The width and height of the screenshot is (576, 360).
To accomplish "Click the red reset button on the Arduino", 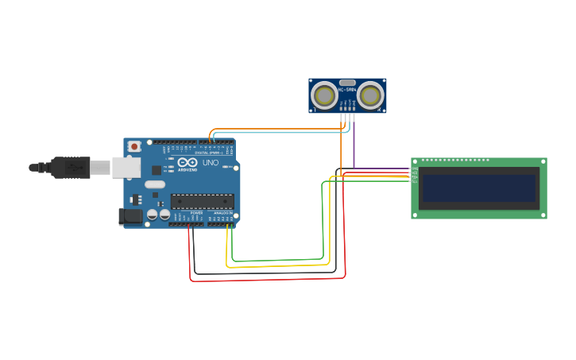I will click(134, 146).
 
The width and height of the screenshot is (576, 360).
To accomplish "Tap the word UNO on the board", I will click(211, 163).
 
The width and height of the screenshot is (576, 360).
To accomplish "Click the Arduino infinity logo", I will click(187, 162).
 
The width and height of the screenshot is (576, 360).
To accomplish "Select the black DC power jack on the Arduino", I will click(130, 215).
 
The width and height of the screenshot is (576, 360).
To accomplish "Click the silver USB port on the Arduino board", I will click(126, 167).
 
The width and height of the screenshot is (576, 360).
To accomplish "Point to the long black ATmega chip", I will click(202, 201).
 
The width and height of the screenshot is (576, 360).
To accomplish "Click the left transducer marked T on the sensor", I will click(324, 95).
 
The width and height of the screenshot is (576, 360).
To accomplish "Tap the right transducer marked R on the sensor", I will click(369, 95).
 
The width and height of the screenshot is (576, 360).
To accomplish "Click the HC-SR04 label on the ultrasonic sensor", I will click(347, 90).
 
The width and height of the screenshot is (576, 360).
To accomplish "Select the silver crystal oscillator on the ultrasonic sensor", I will click(347, 82).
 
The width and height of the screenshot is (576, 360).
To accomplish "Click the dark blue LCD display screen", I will click(479, 188).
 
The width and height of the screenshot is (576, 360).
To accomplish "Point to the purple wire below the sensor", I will click(354, 143).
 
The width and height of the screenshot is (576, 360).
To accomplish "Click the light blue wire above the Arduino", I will click(278, 133).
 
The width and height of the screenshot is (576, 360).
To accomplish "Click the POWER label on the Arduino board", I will click(196, 213).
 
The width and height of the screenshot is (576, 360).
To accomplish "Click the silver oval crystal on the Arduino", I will click(154, 184).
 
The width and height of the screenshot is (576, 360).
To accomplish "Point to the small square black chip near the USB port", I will click(157, 169).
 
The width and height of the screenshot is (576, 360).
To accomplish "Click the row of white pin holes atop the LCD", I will click(454, 161).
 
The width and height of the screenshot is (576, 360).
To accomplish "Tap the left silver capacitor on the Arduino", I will click(152, 214).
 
